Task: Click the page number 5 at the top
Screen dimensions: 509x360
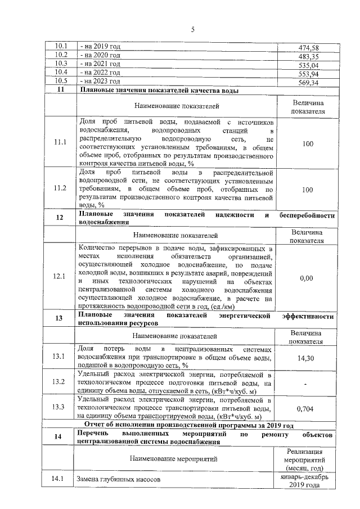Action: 192,30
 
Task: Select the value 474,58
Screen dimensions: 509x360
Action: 307,48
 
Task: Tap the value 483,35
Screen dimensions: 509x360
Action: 307,56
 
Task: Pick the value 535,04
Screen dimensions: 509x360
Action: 307,65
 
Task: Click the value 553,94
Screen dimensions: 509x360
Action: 307,74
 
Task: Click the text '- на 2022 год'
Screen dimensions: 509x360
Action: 101,73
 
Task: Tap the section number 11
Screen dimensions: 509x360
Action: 60,90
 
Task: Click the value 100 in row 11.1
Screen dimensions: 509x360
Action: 307,143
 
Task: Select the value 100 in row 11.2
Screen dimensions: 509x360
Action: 307,190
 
